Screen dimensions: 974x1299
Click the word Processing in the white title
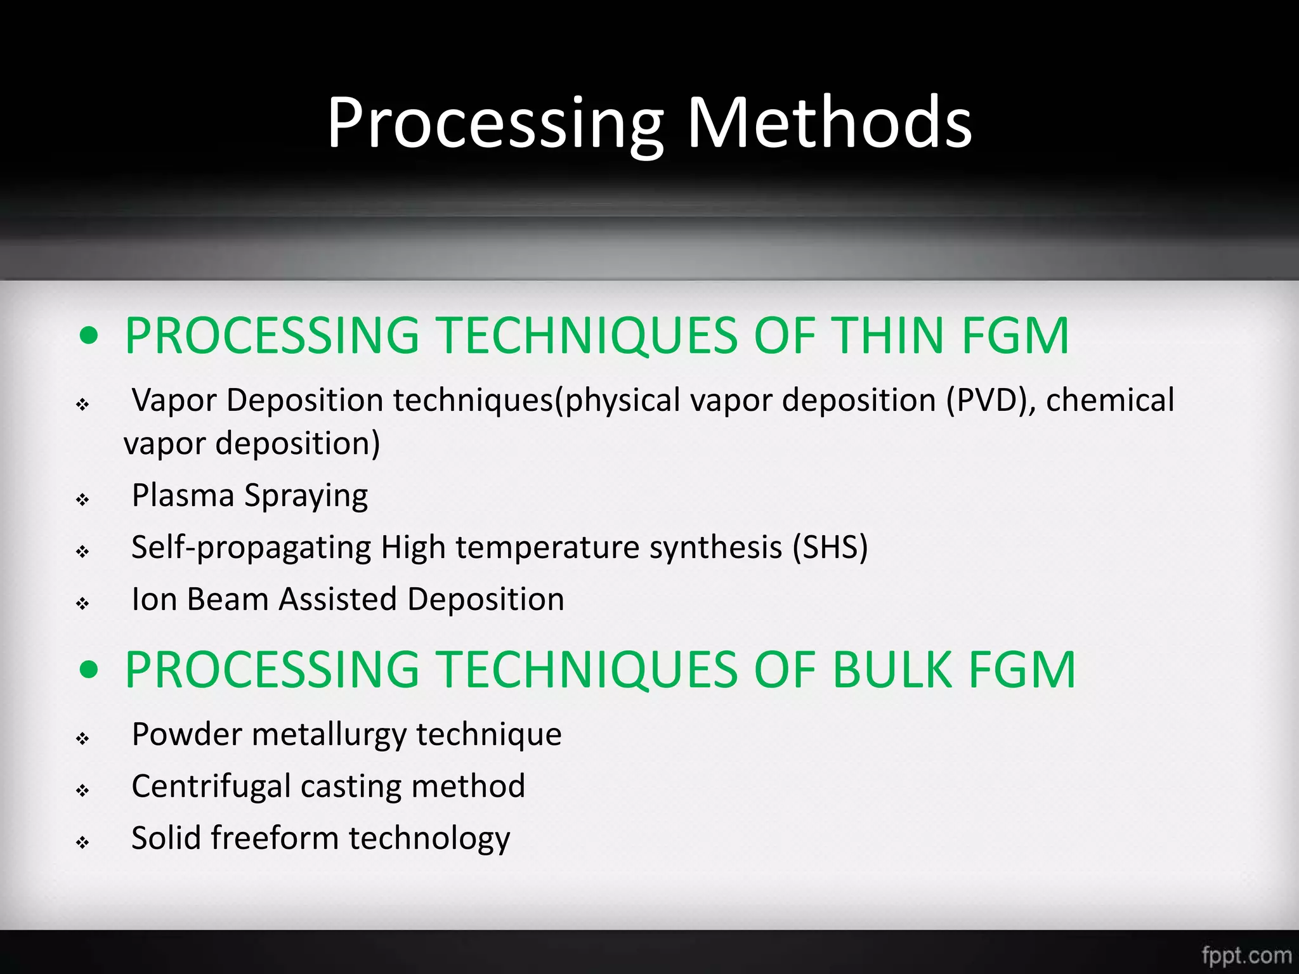[495, 124]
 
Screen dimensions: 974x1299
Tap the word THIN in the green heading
[887, 335]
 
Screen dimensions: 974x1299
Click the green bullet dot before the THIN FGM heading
[89, 335]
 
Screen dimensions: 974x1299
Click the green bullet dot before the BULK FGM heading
[89, 670]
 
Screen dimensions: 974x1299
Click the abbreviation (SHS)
[830, 547]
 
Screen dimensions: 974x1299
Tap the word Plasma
[183, 495]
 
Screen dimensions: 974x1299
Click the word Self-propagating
[251, 548]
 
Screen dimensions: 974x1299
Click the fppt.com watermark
[1246, 955]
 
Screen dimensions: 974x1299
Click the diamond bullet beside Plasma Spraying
[82, 500]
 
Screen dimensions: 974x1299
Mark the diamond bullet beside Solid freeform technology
[82, 842]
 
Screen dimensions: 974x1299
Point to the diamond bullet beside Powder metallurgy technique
[82, 738]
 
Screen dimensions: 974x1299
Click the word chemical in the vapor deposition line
[1110, 400]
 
